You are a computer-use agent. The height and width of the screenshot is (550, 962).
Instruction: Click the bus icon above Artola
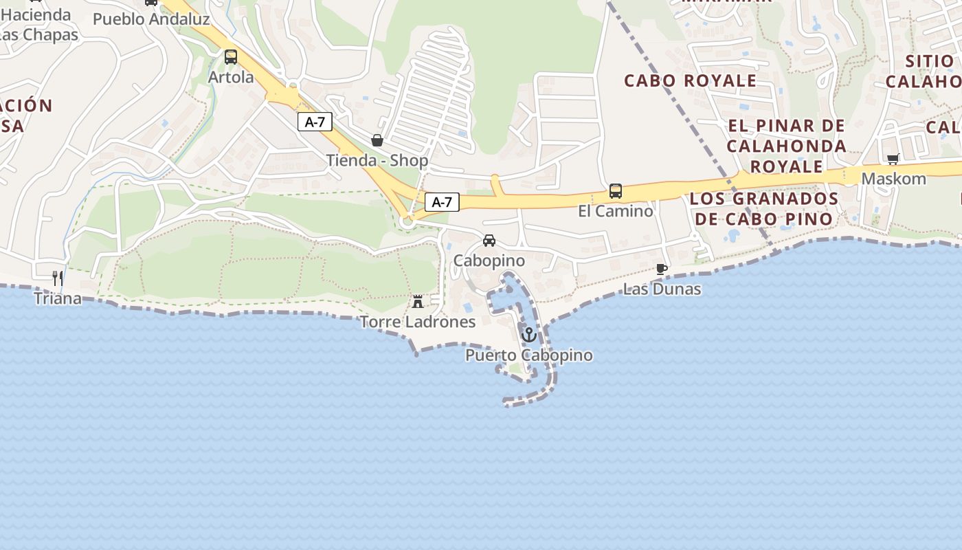point(231,57)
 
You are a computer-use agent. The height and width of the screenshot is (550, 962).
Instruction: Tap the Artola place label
point(231,77)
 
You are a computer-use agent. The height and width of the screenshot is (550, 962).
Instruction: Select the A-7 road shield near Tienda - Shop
point(315,122)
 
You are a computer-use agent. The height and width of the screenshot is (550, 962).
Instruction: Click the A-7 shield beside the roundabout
point(442,202)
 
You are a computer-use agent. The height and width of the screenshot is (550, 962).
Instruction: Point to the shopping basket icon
point(377,141)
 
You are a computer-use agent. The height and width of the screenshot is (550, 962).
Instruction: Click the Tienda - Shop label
point(377,161)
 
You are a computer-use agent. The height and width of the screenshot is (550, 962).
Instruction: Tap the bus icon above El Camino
point(616,191)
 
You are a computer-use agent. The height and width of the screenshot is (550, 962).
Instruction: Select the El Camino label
point(616,211)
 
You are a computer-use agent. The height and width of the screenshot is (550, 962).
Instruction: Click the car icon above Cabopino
point(489,241)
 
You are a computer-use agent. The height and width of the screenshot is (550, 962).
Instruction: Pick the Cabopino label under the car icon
point(489,261)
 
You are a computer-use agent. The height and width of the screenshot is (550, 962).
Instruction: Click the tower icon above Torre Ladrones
point(418,301)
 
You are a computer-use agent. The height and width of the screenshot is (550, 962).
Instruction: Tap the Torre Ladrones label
point(418,322)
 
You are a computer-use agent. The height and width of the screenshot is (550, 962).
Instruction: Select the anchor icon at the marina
point(529,335)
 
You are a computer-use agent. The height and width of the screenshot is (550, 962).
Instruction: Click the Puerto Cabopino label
point(529,355)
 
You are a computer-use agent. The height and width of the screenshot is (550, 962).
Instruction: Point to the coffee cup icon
point(662,269)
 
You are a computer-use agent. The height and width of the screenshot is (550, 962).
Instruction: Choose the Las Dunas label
point(662,289)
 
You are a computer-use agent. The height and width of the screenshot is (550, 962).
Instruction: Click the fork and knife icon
point(58,278)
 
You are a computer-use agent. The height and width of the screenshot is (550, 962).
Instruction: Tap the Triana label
point(58,298)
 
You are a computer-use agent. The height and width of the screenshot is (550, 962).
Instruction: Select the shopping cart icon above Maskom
point(893,159)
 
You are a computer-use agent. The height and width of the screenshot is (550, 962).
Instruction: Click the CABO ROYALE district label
point(691,80)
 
